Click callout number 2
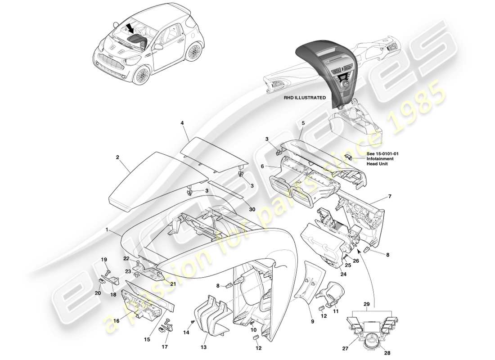(117, 158)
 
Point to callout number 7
(390, 197)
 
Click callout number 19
(104, 259)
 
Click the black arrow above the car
(131, 29)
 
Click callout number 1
(107, 229)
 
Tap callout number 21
(172, 283)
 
